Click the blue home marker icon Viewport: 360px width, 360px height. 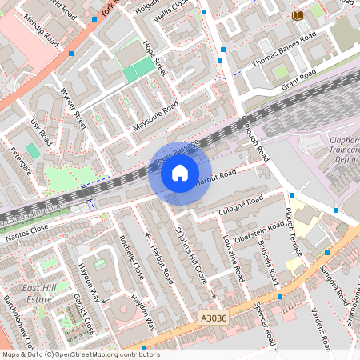(x=180, y=173)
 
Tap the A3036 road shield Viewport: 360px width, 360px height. (x=212, y=318)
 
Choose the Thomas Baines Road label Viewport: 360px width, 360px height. (x=284, y=50)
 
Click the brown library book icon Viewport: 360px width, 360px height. (x=298, y=16)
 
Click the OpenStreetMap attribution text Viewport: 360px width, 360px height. (x=80, y=354)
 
